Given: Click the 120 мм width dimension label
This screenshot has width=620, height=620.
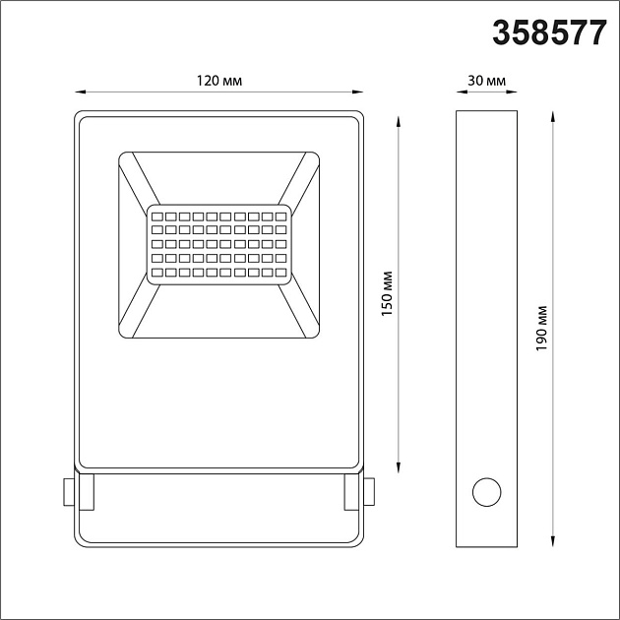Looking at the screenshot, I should pyautogui.click(x=218, y=80).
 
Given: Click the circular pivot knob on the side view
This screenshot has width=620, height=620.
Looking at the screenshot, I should pyautogui.click(x=486, y=490).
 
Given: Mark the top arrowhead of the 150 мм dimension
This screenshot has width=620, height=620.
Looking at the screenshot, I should pyautogui.click(x=399, y=120).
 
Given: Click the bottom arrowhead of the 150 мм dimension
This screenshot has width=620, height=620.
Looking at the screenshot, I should pyautogui.click(x=399, y=465).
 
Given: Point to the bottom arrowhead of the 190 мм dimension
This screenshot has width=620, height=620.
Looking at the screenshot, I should pyautogui.click(x=554, y=542).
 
